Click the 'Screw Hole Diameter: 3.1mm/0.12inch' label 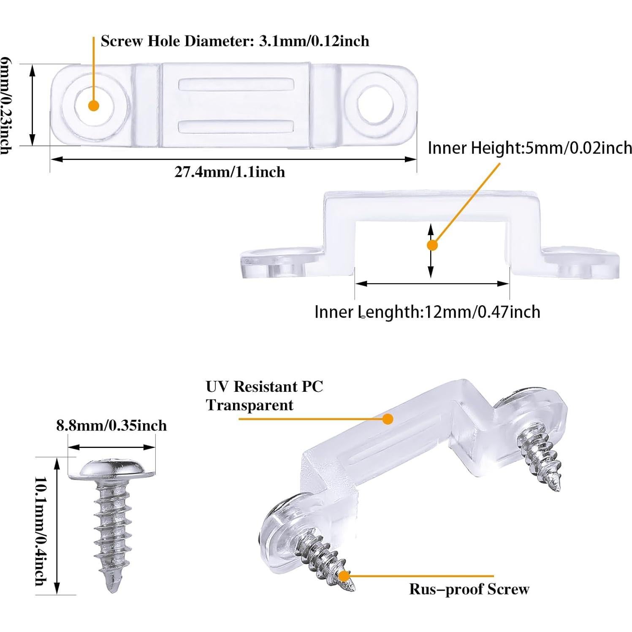(235, 41)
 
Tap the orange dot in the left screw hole (94, 106)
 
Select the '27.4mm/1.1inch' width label (230, 172)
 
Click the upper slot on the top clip (236, 84)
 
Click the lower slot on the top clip (236, 126)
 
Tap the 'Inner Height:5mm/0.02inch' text (529, 148)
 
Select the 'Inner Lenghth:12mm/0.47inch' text (427, 312)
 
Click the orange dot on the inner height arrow (432, 245)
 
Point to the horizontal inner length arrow (432, 284)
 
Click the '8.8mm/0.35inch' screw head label (111, 425)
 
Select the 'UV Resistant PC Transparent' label (264, 396)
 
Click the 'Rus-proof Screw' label (469, 589)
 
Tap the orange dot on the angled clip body (388, 419)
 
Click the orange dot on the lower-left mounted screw (344, 576)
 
